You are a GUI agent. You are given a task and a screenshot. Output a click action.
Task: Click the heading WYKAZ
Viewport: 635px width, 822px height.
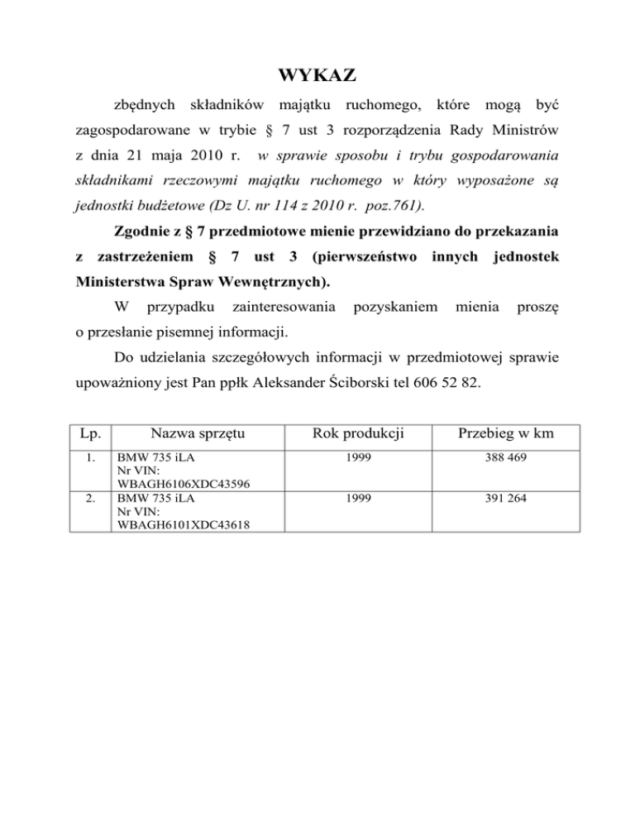(x=317, y=77)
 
